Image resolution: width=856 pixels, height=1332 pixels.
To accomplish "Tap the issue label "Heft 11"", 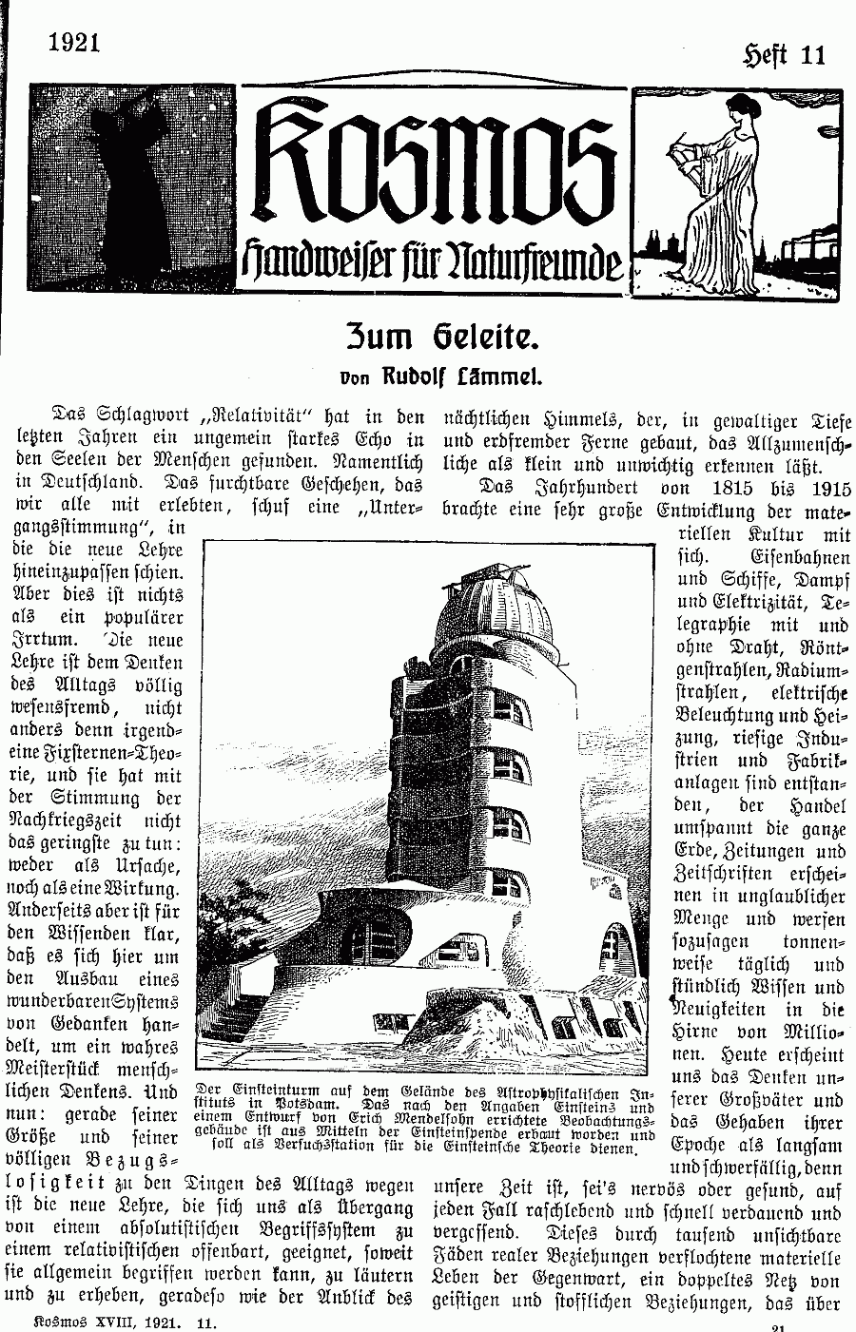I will click(x=784, y=54).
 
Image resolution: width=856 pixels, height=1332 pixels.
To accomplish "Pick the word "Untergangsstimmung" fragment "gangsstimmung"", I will click(x=81, y=530).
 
